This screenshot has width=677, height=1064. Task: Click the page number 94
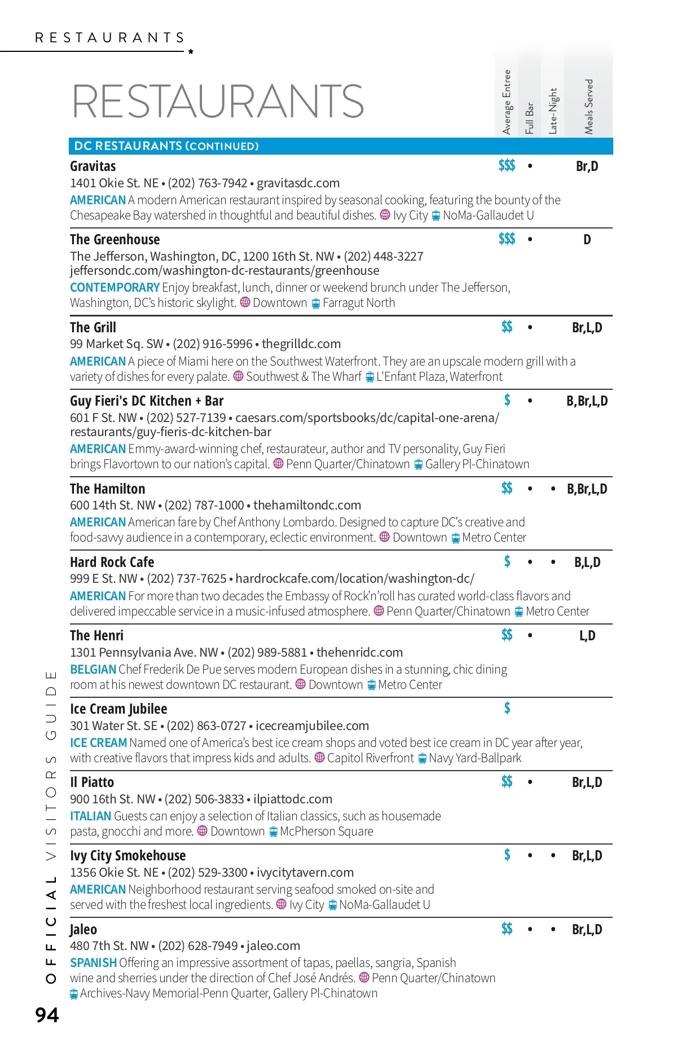47,1015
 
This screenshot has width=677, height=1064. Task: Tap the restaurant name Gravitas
93,166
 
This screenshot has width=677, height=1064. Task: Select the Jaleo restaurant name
83,929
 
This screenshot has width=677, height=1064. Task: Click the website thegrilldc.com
301,344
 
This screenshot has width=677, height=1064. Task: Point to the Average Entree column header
507,102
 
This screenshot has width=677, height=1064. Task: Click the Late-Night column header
553,111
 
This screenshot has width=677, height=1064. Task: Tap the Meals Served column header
589,106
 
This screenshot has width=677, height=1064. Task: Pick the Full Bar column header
529,118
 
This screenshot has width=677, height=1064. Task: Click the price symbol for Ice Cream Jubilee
507,708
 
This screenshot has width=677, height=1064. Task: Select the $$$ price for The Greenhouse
507,239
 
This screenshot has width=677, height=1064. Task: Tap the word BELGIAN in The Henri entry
93,670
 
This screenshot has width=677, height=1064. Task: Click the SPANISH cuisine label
93,963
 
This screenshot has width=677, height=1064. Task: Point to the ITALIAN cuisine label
90,816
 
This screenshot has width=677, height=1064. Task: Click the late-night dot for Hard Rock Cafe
553,562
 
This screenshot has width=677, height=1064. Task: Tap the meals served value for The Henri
587,636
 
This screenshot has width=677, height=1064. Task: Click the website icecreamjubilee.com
312,726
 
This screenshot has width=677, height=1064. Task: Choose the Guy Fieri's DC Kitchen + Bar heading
147,401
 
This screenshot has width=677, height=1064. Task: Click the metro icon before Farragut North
316,304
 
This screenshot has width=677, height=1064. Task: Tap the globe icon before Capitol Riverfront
319,758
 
